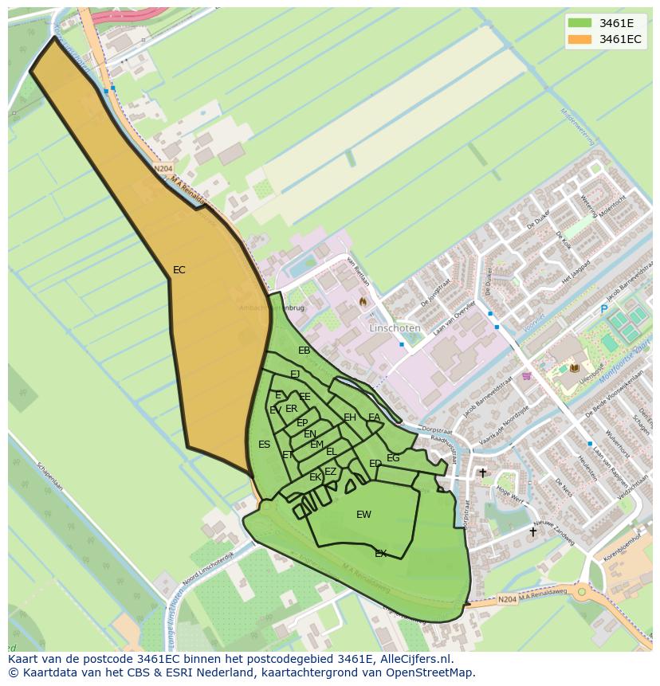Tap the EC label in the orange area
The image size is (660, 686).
(x=179, y=270)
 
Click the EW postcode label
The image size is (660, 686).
(x=363, y=515)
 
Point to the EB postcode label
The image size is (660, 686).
(x=304, y=351)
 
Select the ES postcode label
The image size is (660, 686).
(x=265, y=445)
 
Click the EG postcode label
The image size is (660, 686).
(x=393, y=458)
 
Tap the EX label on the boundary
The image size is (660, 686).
(x=381, y=553)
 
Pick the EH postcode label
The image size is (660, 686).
(x=350, y=417)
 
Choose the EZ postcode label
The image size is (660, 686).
(x=330, y=472)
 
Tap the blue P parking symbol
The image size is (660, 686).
(x=604, y=309)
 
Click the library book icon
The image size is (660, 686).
(x=574, y=367)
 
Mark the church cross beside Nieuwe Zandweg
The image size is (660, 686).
(x=533, y=531)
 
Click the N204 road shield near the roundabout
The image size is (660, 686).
(x=507, y=599)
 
